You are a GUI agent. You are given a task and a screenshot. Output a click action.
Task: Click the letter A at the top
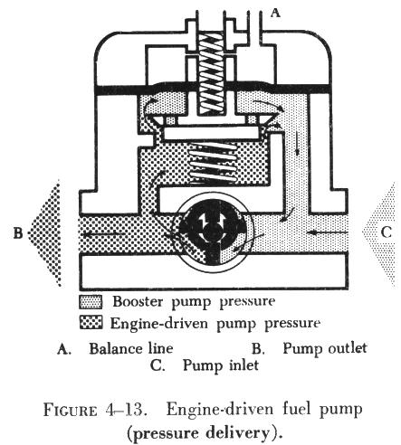tap(274, 13)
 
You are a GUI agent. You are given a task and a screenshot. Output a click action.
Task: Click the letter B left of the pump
tap(18, 232)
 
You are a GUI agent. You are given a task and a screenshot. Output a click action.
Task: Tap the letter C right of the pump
tap(387, 232)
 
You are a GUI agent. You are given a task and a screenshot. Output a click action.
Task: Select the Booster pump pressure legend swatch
tap(91, 302)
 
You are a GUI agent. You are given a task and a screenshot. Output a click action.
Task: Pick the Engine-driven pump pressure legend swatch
tap(91, 322)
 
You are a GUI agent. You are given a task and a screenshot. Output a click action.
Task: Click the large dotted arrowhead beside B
tap(45, 232)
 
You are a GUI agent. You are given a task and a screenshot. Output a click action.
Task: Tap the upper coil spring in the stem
tap(211, 73)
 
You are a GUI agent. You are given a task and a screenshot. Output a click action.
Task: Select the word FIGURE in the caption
tap(70, 410)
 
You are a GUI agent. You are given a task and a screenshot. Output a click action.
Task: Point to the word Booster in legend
tap(138, 301)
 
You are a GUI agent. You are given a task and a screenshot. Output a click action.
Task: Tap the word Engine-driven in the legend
tap(159, 323)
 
